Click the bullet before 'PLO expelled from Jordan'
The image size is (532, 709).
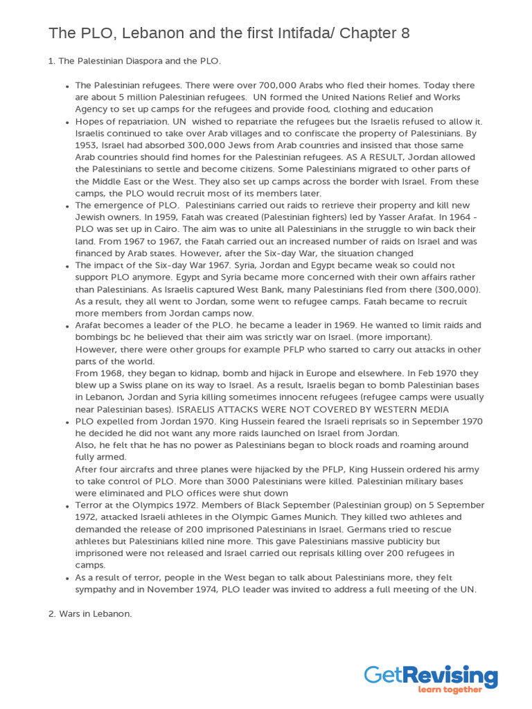(x=66, y=422)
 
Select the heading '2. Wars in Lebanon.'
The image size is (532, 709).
(x=90, y=613)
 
